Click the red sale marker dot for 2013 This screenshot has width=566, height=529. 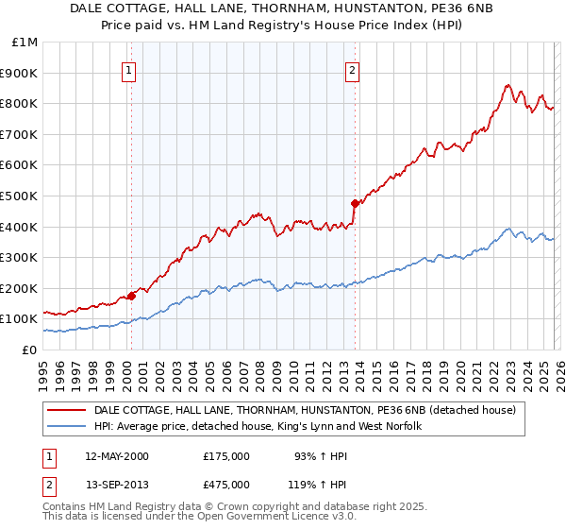point(355,203)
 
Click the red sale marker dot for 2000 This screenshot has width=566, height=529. point(132,296)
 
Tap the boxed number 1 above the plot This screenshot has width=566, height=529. point(128,69)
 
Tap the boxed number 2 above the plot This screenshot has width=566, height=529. point(352,69)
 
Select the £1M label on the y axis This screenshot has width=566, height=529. point(25,42)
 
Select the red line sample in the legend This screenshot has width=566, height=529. point(68,411)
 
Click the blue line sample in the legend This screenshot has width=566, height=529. point(68,427)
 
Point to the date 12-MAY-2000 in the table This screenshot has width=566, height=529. point(117,456)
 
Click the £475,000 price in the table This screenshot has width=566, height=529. point(225,485)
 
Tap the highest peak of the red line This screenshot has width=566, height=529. point(508,84)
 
